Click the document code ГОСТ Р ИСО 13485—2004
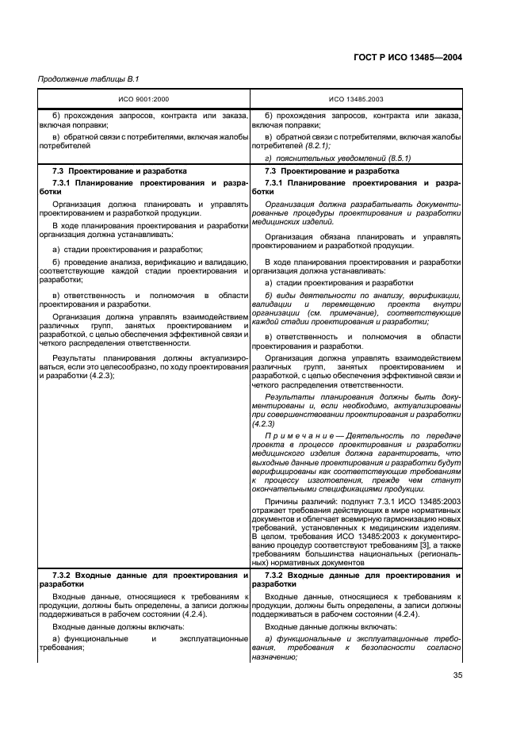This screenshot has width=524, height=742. [407, 57]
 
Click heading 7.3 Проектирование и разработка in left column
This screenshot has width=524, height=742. [120, 170]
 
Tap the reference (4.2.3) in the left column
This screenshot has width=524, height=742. [100, 375]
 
